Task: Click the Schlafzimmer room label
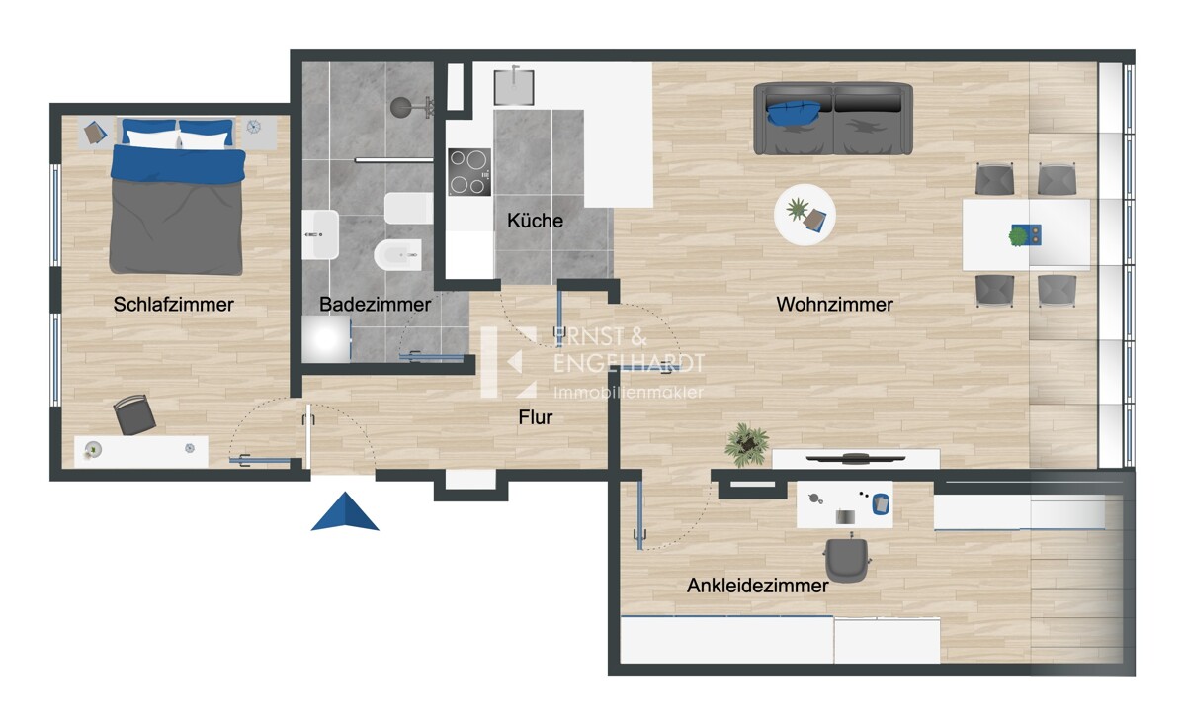(173, 305)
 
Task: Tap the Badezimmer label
(375, 305)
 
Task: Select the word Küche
(535, 221)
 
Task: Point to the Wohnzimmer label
(834, 305)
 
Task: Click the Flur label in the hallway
(536, 417)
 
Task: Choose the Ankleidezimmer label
(757, 586)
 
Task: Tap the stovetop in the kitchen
(469, 172)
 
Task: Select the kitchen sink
(514, 86)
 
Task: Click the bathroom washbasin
(320, 234)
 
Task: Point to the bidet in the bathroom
(398, 255)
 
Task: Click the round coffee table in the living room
(805, 215)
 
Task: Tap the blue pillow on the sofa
(793, 114)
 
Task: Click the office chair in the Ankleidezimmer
(846, 560)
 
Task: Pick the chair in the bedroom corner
(134, 414)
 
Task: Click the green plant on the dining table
(1018, 235)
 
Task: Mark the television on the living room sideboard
(855, 458)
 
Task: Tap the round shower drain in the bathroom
(400, 108)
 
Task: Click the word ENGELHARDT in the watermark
(629, 364)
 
